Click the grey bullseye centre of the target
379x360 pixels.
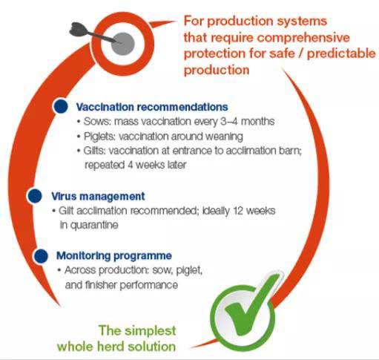pyautogui.click(x=123, y=44)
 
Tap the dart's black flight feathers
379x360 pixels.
pyautogui.click(x=78, y=29)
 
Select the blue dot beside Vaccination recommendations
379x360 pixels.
pyautogui.click(x=61, y=106)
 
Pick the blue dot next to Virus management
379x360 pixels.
pyautogui.click(x=35, y=196)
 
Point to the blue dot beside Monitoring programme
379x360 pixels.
pyautogui.click(x=41, y=256)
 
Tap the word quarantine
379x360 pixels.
pyautogui.click(x=94, y=226)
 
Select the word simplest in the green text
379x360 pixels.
pyautogui.click(x=150, y=331)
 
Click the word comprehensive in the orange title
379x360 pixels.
pyautogui.click(x=303, y=38)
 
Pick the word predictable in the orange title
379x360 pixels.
pyautogui.click(x=341, y=53)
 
